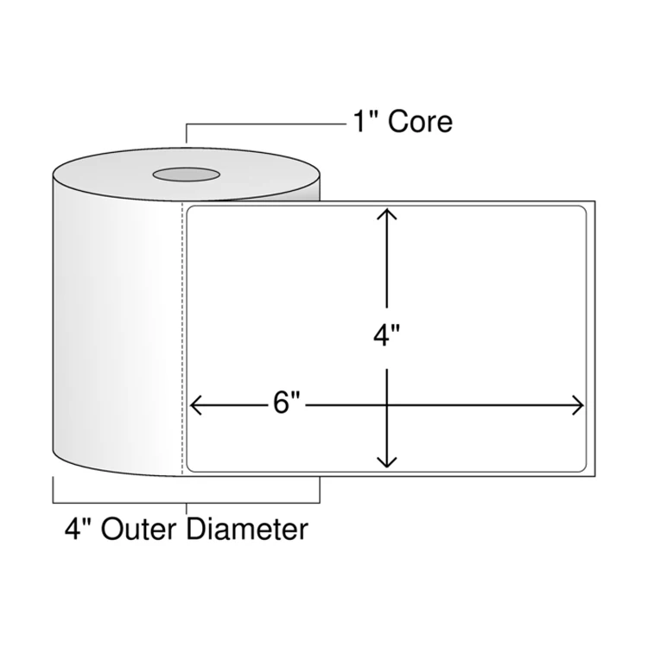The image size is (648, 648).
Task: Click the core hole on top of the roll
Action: pyautogui.click(x=186, y=175)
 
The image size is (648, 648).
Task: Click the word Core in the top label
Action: pyautogui.click(x=420, y=122)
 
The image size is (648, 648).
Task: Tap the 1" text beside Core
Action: pyautogui.click(x=365, y=121)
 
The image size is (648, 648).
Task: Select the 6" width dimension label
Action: pyautogui.click(x=286, y=403)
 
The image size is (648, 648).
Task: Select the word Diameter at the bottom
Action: pyautogui.click(x=246, y=529)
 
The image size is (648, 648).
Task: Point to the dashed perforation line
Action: pyautogui.click(x=181, y=346)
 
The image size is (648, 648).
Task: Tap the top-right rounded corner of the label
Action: pyautogui.click(x=583, y=210)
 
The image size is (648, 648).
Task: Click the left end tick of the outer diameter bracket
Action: pyautogui.click(x=54, y=489)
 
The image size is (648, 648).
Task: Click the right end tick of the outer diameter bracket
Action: pyautogui.click(x=320, y=489)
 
